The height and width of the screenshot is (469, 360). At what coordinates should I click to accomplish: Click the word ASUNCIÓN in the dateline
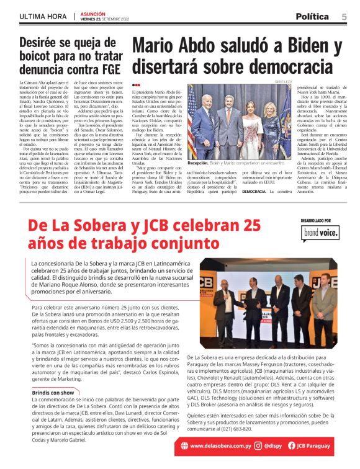93,12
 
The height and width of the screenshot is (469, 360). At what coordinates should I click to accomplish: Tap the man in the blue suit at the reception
208,124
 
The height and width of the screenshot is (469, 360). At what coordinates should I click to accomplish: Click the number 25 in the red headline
245,224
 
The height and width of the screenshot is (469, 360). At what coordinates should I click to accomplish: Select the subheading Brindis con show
53,393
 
